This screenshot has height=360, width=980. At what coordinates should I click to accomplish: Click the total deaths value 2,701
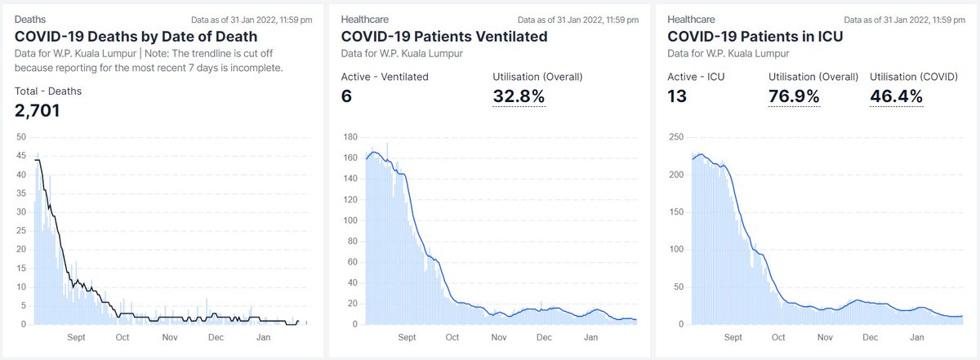38,109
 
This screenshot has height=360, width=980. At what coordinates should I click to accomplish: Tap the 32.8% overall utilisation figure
519,96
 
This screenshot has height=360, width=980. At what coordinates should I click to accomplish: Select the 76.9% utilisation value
795,96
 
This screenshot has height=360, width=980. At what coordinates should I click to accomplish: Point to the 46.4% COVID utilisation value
897,96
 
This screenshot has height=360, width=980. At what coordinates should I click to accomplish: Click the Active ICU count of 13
677,96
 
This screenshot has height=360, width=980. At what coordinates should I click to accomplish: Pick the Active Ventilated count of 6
346,96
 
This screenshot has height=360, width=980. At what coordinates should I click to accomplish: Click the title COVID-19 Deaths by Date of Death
136,36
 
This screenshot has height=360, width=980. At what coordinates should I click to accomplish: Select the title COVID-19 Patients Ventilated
444,36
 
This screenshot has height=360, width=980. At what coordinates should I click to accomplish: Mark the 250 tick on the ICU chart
676,136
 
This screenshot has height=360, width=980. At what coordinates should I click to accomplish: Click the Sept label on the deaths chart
76,337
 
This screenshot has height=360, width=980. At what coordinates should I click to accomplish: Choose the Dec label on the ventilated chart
544,337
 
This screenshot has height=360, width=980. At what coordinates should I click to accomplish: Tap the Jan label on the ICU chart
917,337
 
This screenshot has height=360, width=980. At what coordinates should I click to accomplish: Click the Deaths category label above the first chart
30,18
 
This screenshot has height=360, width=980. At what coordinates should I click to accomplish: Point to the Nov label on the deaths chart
170,337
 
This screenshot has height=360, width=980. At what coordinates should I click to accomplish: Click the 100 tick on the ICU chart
676,249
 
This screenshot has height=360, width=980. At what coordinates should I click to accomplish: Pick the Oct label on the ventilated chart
452,337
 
